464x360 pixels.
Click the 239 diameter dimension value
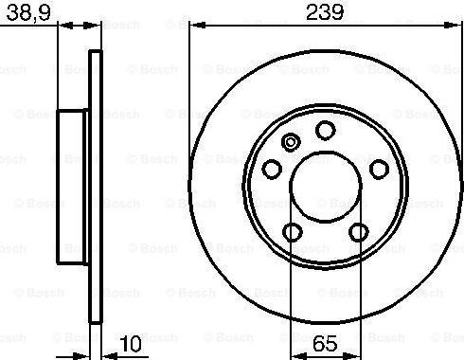(325, 12)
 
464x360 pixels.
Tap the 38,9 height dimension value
(28, 13)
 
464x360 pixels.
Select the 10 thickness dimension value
(131, 344)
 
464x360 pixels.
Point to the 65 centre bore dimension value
(325, 344)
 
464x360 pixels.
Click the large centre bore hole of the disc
(326, 187)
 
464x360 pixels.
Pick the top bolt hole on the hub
(326, 131)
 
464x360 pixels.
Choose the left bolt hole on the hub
(272, 170)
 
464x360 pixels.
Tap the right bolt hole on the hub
(379, 170)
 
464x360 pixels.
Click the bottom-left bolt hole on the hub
(293, 232)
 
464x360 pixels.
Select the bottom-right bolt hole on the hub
(359, 232)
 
